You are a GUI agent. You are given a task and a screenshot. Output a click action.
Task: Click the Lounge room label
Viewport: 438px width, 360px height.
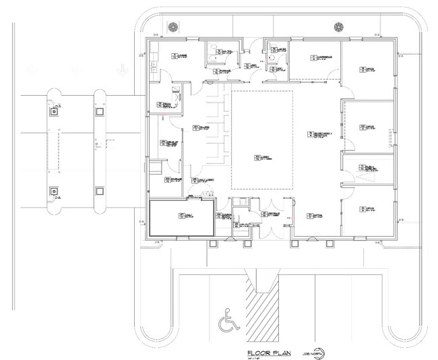point(181,57)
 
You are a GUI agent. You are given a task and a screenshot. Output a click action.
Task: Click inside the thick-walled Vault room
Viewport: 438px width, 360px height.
point(181,217)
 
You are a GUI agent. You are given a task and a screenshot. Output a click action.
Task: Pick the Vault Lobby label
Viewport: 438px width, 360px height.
point(200,181)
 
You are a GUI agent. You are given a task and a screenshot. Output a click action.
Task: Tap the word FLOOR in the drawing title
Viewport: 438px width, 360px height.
point(259,352)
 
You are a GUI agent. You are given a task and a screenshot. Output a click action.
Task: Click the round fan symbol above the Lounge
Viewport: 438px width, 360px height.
point(173,26)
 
